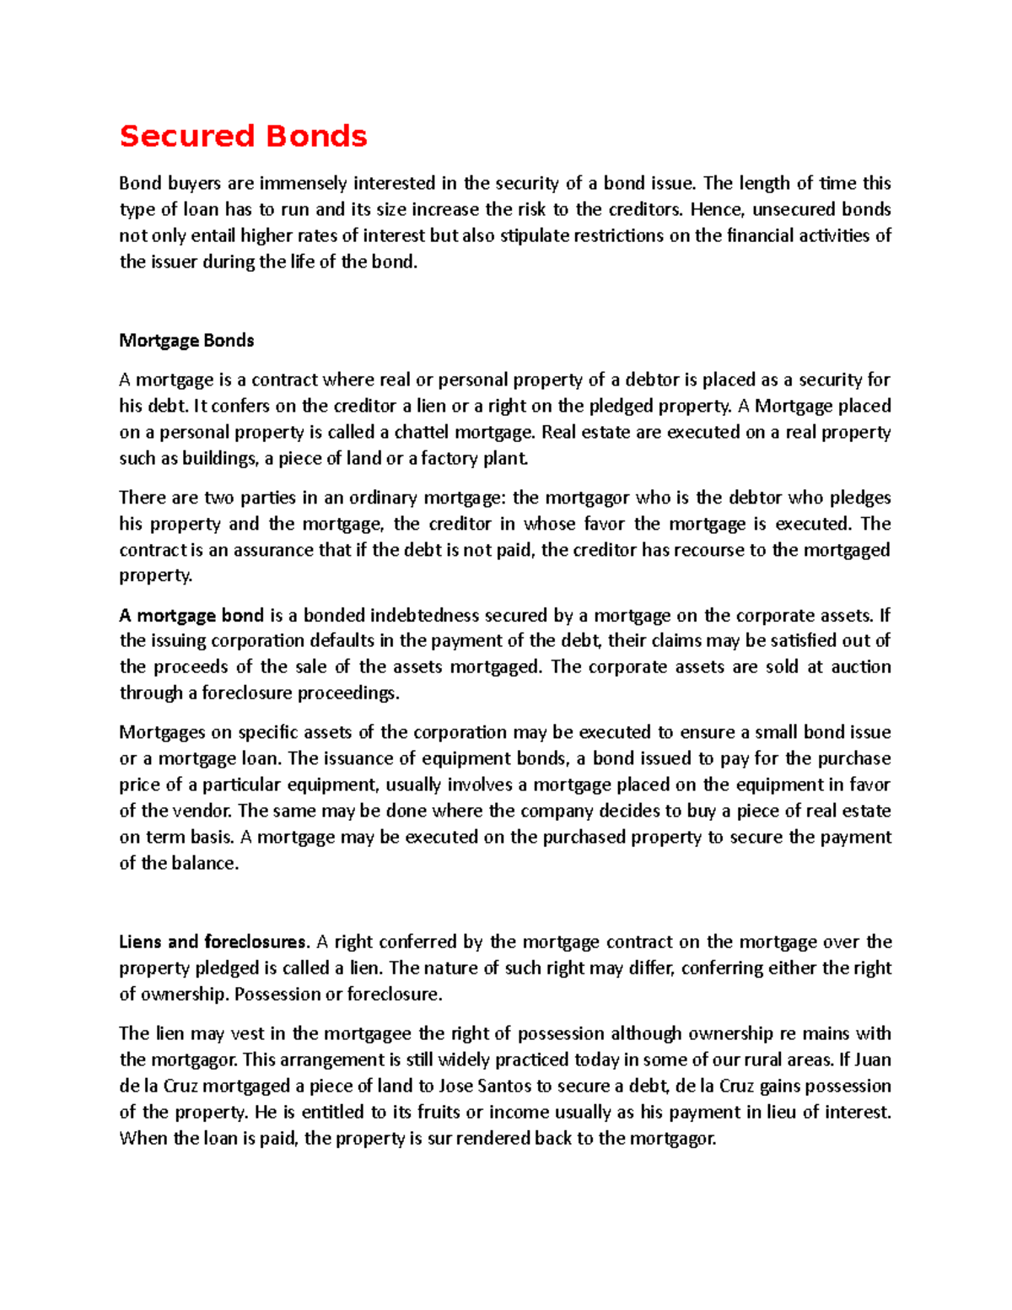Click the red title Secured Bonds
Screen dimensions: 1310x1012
pyautogui.click(x=243, y=136)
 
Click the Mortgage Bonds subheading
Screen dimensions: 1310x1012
pyautogui.click(x=186, y=341)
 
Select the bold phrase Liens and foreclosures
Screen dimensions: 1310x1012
pyautogui.click(x=214, y=942)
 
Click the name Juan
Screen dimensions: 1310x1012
pyautogui.click(x=873, y=1060)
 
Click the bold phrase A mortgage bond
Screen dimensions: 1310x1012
pyautogui.click(x=192, y=615)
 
